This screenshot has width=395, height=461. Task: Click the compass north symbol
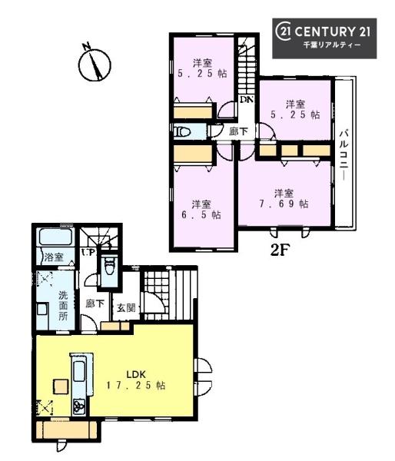point(94,64)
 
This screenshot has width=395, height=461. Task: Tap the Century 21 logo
point(324,38)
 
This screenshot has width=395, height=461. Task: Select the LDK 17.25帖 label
point(136,380)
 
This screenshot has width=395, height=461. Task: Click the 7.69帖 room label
point(284,199)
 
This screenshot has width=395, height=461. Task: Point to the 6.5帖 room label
point(201,210)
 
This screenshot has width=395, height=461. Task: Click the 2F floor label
point(280,250)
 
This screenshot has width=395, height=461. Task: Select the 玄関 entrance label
point(127,308)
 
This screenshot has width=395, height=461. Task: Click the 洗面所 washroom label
point(63,306)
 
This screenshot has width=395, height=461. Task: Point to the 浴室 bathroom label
point(54,257)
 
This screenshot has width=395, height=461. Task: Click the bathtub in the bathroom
point(55,237)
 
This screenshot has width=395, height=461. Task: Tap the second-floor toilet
point(182,131)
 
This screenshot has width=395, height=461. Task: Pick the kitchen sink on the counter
point(79,371)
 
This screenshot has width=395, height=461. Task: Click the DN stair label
point(247,99)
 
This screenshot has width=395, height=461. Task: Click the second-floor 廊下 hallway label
point(238,131)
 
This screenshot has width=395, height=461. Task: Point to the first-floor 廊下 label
point(95,303)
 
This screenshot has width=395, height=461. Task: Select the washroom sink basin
point(42,310)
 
